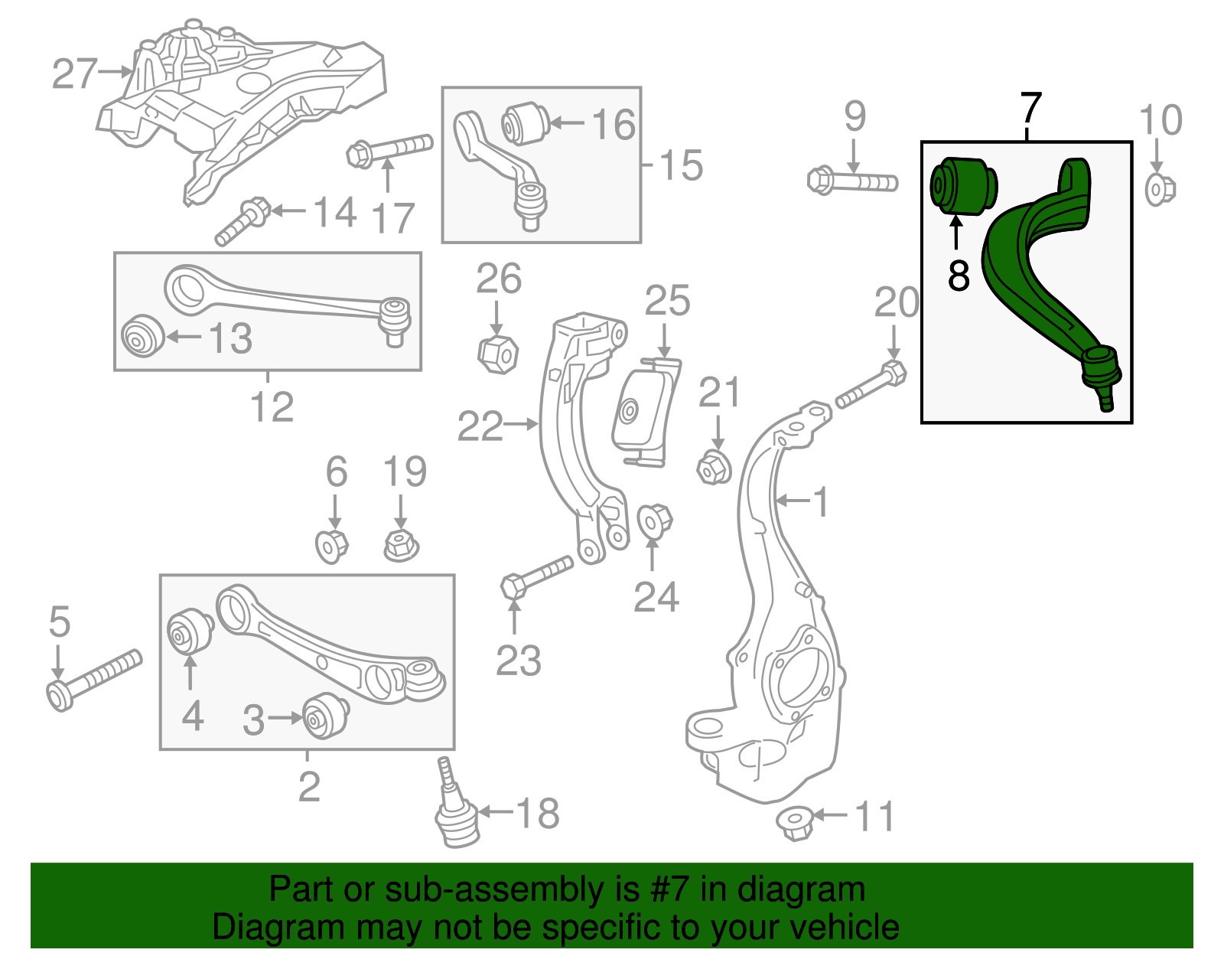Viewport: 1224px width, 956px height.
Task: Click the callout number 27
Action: click(x=75, y=74)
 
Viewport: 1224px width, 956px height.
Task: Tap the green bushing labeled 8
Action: click(x=962, y=185)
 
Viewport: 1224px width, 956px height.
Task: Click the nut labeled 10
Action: click(x=1159, y=189)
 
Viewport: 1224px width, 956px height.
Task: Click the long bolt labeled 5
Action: click(x=93, y=679)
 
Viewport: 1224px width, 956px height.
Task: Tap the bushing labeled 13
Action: click(x=142, y=335)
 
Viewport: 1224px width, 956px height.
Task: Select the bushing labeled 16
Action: click(x=525, y=122)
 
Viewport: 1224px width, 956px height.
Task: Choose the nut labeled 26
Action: click(x=497, y=353)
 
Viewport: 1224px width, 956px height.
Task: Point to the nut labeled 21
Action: click(x=715, y=467)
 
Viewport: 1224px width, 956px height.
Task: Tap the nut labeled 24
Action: click(x=654, y=521)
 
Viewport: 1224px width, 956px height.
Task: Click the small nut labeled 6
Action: click(x=332, y=545)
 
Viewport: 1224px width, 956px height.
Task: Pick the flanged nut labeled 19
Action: click(x=401, y=545)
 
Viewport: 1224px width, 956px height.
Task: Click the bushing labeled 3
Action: click(x=326, y=715)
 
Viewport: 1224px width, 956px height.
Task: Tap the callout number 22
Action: click(x=480, y=426)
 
